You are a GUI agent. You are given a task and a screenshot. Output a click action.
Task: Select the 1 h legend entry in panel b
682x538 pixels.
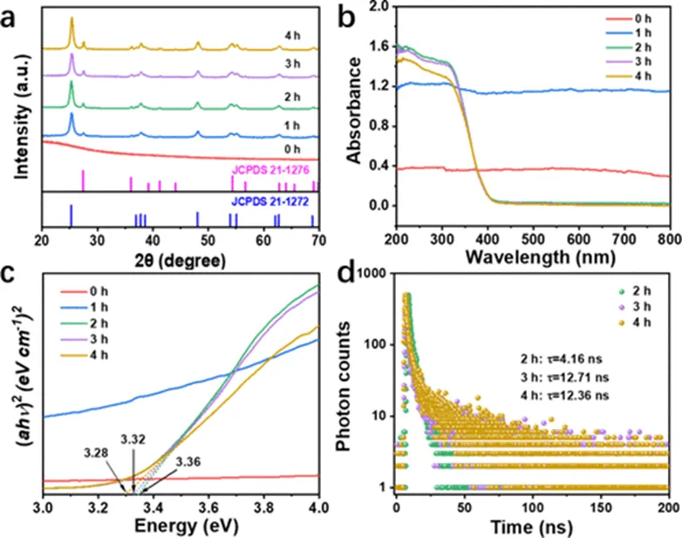coord(650,34)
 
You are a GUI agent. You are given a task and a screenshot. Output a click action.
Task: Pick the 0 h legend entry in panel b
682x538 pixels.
coord(650,20)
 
